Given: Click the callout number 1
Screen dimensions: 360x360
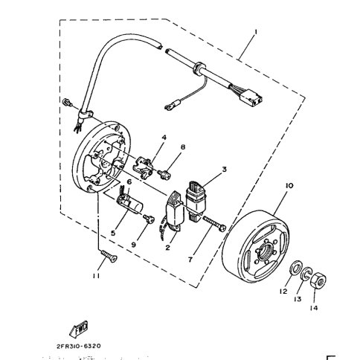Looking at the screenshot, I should click(x=254, y=33).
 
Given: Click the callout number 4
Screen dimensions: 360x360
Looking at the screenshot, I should click(x=164, y=137).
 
